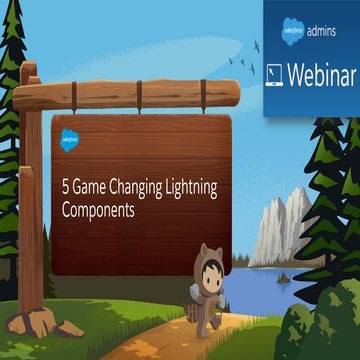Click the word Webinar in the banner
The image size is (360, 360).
pyautogui.click(x=320, y=75)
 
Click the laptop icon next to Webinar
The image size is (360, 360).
pyautogui.click(x=278, y=76)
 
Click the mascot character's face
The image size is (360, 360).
pyautogui.click(x=211, y=274)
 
